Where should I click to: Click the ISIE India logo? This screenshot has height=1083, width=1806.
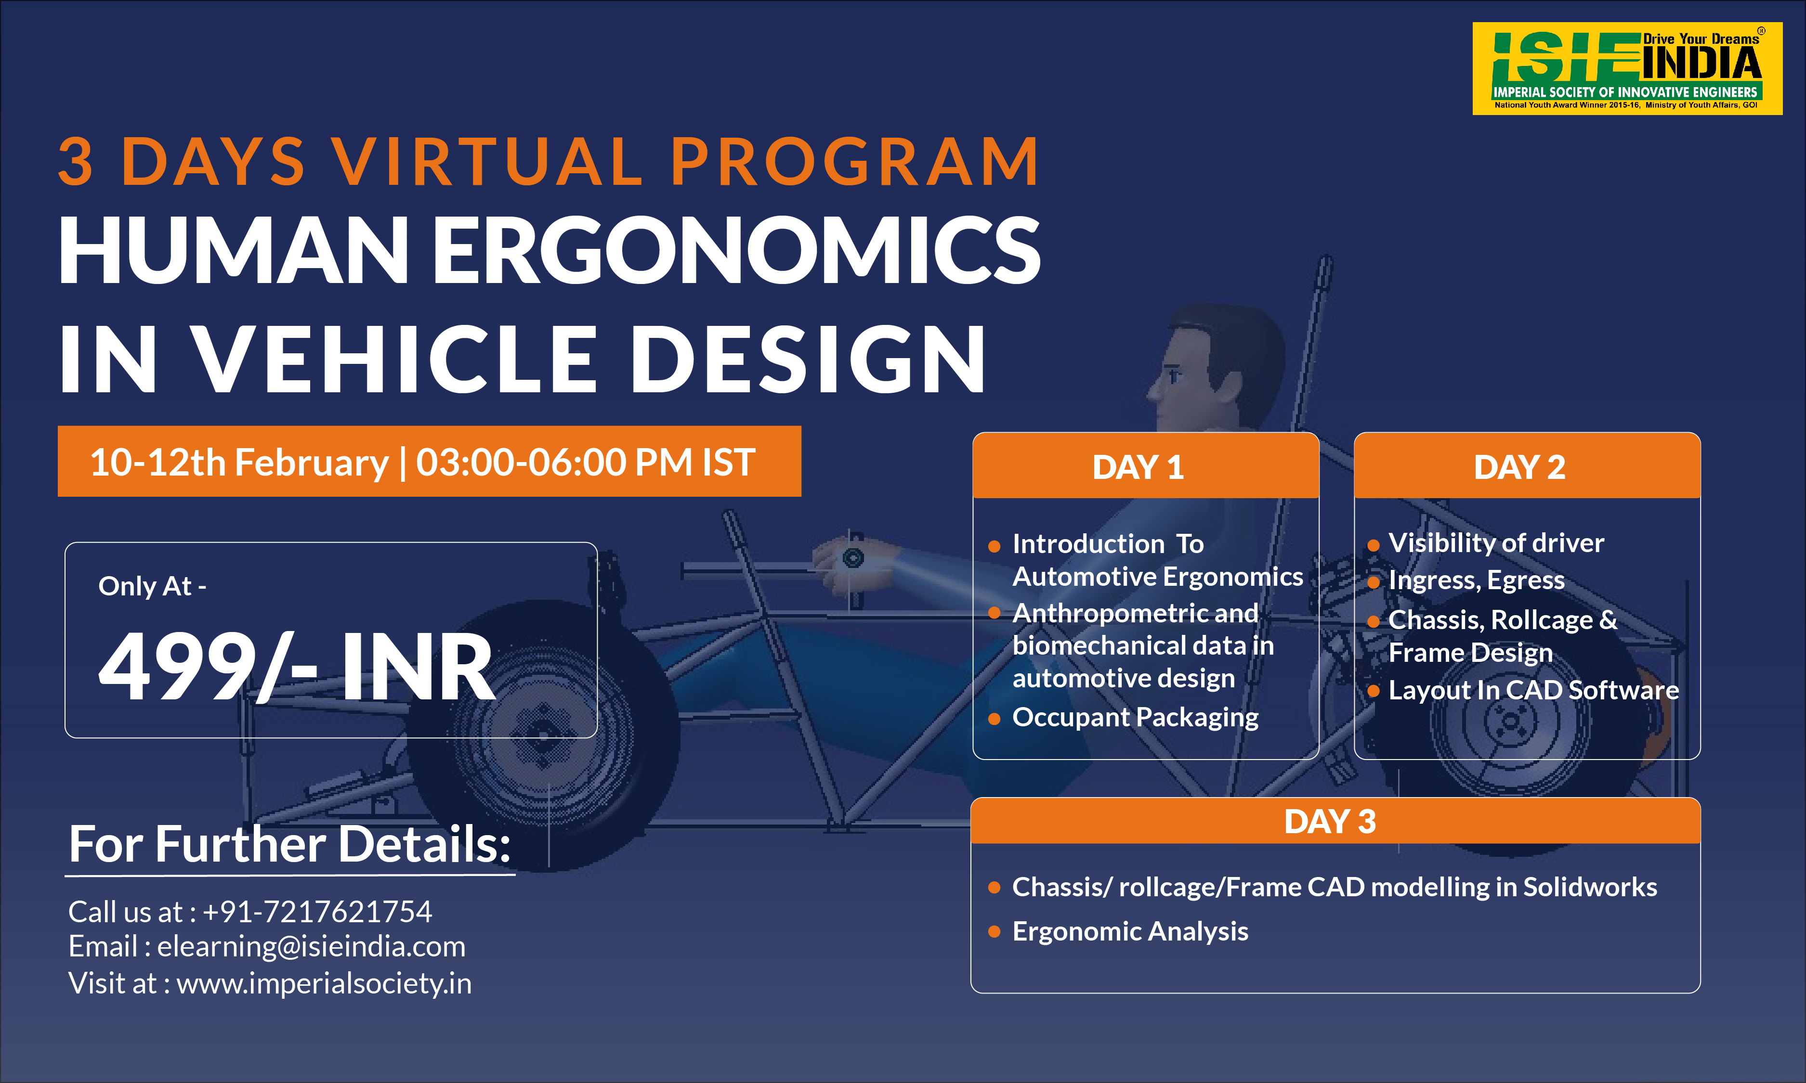coord(1627,69)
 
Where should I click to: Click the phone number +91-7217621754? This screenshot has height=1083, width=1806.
coord(317,912)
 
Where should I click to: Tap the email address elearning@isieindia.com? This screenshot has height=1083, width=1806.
coord(311,946)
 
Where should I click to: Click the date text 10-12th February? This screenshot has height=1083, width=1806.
coord(239,463)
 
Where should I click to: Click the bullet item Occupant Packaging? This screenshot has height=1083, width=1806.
coord(1135,717)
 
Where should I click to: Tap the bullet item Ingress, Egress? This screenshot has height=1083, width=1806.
coord(1476,580)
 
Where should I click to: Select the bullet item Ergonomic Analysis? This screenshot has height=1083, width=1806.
coord(1130,931)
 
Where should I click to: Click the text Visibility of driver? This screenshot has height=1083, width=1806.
coord(1496,542)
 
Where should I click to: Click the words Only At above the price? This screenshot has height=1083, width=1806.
coord(146,585)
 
